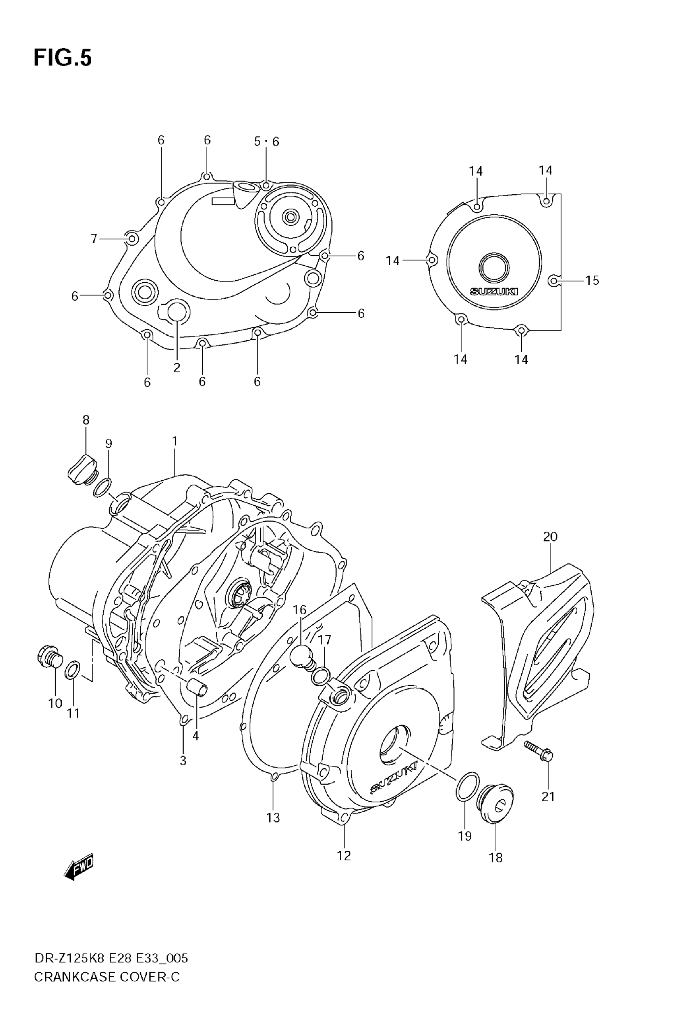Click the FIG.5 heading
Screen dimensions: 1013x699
click(62, 58)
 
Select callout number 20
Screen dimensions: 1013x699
click(550, 537)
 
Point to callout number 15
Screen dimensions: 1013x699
click(592, 281)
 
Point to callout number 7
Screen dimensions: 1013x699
click(94, 239)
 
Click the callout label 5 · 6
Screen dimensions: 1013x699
click(266, 142)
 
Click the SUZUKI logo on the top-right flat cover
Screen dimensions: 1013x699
click(493, 291)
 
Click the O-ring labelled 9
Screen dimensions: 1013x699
click(102, 488)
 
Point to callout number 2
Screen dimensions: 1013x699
click(176, 368)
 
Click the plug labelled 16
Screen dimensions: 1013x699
click(302, 657)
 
